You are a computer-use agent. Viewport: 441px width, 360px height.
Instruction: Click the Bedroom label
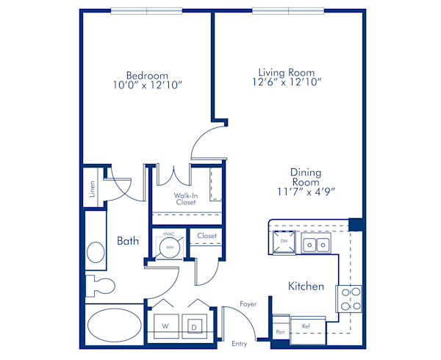point(147,76)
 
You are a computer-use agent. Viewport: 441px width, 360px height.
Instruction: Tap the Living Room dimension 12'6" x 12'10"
point(287,82)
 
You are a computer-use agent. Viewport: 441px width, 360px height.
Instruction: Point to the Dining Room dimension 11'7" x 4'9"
point(306,192)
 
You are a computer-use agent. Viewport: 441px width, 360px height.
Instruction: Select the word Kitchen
point(306,286)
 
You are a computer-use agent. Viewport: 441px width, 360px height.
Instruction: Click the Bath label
point(128,241)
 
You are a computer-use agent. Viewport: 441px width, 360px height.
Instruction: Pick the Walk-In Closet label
point(186,198)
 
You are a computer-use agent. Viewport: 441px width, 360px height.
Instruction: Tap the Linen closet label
point(92,189)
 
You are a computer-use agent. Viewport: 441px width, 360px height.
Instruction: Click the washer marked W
point(166,326)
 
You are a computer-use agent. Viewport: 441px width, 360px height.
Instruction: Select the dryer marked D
point(194,326)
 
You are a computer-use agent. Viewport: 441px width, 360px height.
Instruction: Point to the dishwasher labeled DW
point(284,242)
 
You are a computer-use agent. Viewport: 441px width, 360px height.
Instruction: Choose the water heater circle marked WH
point(170,248)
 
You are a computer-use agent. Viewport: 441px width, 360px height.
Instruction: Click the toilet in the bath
point(100,286)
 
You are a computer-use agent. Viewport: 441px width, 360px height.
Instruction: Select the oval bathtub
point(115,325)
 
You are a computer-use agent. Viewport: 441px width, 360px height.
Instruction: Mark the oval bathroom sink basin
point(96,252)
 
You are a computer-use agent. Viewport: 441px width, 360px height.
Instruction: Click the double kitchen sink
point(316,243)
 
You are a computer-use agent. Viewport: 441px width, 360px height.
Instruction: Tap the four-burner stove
point(348,299)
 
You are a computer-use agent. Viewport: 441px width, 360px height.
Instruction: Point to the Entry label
point(240,344)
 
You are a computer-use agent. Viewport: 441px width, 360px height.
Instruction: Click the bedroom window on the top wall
point(146,11)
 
